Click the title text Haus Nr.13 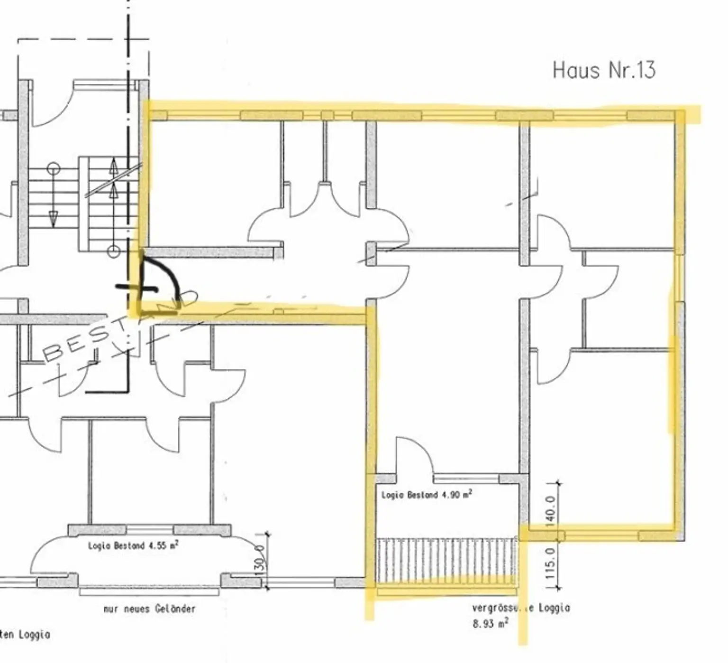604,70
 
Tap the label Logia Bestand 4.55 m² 133,545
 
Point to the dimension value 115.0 550,563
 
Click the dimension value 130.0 259,560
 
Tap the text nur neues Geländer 149,608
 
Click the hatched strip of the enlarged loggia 446,560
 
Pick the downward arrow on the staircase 53,218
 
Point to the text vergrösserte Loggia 520,608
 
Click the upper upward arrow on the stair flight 114,166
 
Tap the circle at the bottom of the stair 113,251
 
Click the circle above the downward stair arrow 54,168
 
